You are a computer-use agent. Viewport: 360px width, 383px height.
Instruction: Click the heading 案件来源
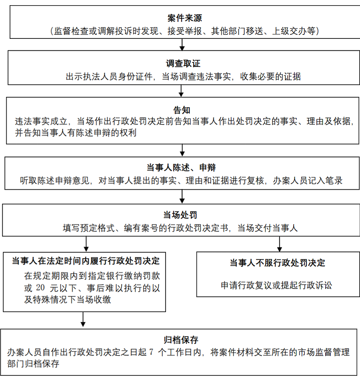[x=184, y=18]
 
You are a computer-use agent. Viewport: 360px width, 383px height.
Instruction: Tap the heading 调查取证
[x=183, y=64]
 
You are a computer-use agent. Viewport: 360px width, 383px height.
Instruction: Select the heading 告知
[x=182, y=110]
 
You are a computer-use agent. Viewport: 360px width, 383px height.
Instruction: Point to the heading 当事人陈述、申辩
[x=181, y=168]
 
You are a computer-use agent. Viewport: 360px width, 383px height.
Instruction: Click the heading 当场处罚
[x=180, y=215]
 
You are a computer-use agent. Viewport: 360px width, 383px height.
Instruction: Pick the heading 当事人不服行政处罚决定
[x=277, y=263]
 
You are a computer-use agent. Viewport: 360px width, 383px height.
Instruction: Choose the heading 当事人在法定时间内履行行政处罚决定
[x=86, y=261]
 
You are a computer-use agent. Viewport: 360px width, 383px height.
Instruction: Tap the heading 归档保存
[x=181, y=340]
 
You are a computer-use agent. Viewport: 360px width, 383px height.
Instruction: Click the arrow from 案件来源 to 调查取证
[x=182, y=44]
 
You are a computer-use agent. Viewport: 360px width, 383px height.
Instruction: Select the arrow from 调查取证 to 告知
[x=181, y=91]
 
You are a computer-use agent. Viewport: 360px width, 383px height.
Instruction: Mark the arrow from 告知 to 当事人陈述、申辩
[x=182, y=150]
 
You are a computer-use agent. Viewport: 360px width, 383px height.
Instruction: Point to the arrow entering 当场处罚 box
[x=182, y=197]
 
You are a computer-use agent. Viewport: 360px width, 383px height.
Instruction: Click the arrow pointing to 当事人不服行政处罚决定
[x=280, y=244]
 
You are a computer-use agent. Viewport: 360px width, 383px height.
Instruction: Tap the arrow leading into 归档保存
[x=83, y=319]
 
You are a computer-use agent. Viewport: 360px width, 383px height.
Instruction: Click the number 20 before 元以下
[x=40, y=288]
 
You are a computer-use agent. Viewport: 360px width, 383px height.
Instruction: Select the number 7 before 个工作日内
[x=151, y=352]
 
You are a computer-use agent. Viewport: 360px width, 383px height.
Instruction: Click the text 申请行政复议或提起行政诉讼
[x=276, y=285]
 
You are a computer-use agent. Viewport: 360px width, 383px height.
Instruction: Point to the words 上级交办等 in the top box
[x=294, y=31]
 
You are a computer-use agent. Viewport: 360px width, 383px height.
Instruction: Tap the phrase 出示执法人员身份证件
[x=109, y=76]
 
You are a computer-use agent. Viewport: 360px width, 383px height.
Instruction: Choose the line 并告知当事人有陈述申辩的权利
[x=76, y=132]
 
